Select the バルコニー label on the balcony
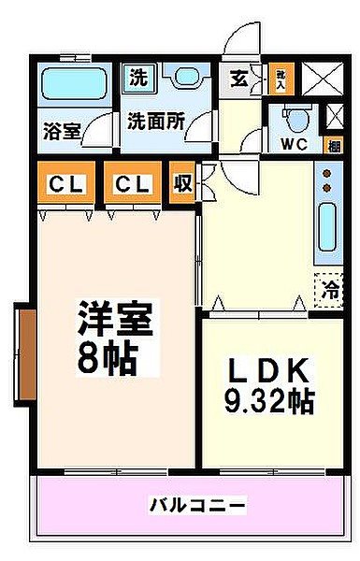[x=198, y=506]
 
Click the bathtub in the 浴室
[x=78, y=84]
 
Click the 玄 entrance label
[x=239, y=79]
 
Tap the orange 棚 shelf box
[x=333, y=145]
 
